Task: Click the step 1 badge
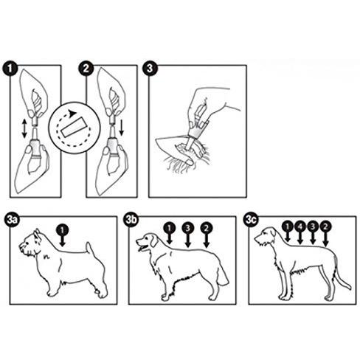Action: point(10,69)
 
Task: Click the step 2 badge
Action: point(86,68)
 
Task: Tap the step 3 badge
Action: point(150,68)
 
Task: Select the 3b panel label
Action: point(131,219)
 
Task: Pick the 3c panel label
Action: point(251,220)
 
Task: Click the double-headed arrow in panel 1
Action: point(24,128)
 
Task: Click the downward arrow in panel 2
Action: point(121,128)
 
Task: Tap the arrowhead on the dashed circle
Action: point(72,114)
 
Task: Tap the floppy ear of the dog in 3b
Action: point(153,241)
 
